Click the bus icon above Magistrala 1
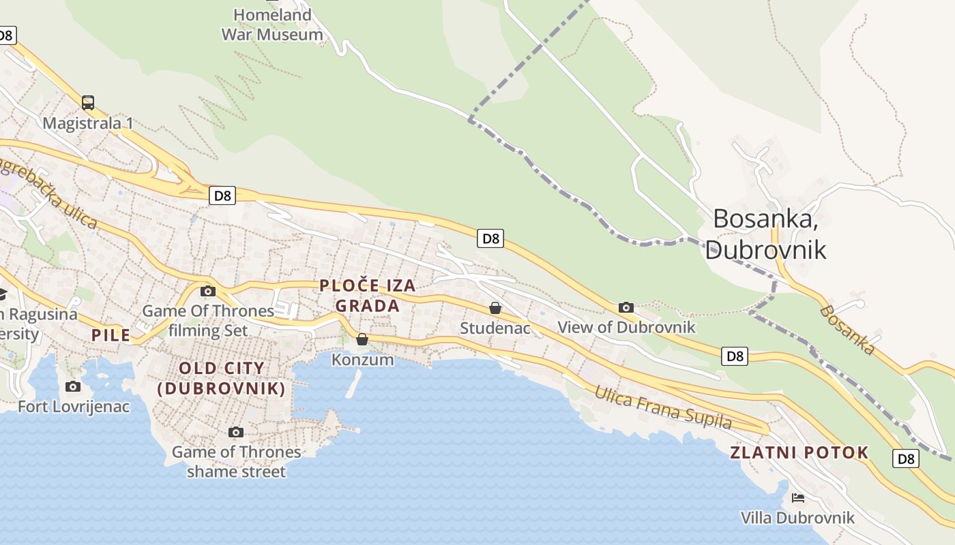[x=88, y=103]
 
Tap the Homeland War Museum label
[x=272, y=25]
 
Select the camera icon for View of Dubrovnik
[x=626, y=308]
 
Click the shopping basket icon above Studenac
[x=495, y=309]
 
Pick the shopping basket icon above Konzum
[x=362, y=339]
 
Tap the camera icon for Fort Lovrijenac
[x=73, y=387]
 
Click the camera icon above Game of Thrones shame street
[x=236, y=433]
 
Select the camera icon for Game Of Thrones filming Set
[x=208, y=292]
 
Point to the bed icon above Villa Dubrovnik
[x=797, y=498]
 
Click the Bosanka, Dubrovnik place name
[x=765, y=234]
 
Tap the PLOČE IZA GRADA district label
[x=368, y=296]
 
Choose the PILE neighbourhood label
[x=111, y=335]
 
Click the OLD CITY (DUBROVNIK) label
[x=221, y=379]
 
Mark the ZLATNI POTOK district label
[x=799, y=452]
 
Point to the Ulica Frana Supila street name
[x=662, y=407]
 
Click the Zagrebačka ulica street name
[x=48, y=194]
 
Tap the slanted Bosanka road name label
[x=847, y=330]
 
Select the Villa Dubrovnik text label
[x=797, y=518]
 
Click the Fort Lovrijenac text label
[x=73, y=407]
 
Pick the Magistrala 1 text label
[x=88, y=123]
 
